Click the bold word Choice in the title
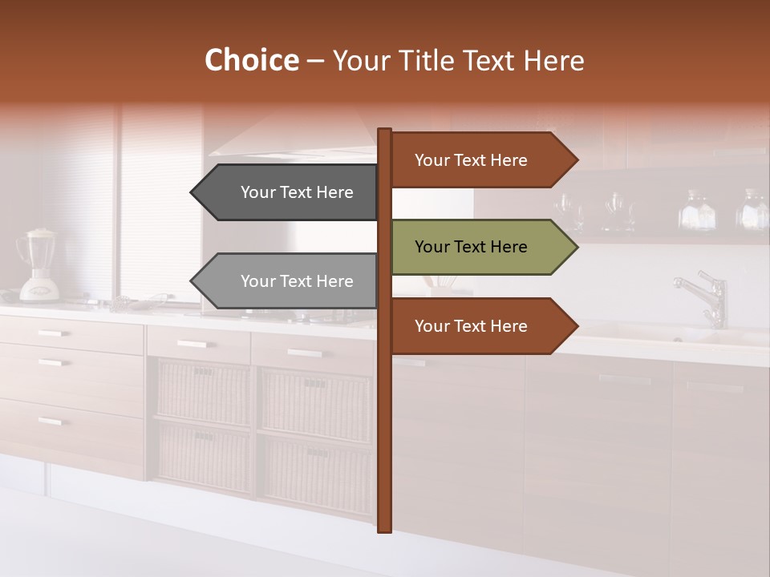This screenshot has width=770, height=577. point(251,60)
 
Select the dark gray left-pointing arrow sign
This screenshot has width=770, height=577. point(285,192)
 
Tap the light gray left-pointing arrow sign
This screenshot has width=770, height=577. point(285,281)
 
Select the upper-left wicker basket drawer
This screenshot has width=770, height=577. point(203,391)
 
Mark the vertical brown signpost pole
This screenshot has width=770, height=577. point(384,401)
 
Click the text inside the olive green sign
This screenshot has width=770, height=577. point(471,247)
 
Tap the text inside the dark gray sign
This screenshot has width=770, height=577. point(297,192)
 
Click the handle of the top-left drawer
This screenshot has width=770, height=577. point(53,333)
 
